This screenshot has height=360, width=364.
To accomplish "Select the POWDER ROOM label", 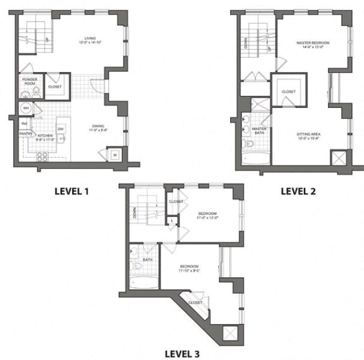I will (x=30, y=82).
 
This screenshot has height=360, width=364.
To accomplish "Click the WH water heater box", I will (x=26, y=109).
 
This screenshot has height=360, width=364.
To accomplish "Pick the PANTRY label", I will (x=25, y=134).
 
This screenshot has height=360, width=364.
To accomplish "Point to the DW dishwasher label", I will (x=61, y=129).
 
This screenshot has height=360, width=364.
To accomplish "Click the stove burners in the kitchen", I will (x=43, y=155).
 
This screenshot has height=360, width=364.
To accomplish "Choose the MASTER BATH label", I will (x=259, y=131).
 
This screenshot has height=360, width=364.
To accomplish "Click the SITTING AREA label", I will (x=309, y=136).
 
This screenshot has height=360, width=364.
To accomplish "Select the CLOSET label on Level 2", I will (x=289, y=92).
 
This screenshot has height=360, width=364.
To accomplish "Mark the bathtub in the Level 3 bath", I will (x=145, y=283).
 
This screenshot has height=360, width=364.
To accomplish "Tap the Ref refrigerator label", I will (x=23, y=124).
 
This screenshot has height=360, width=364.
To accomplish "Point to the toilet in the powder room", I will (x=36, y=92).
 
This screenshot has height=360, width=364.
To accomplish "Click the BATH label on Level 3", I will (x=147, y=260).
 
